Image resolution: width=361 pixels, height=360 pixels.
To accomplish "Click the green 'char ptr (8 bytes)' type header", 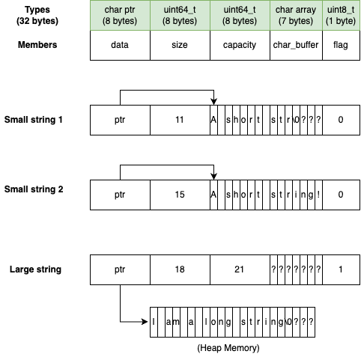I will click(x=120, y=14).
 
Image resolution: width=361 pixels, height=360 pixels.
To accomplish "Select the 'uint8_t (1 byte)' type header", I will click(x=340, y=14).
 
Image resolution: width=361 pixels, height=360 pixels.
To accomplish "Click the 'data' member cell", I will click(x=120, y=45).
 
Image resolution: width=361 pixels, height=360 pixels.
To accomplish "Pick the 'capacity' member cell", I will click(x=240, y=45).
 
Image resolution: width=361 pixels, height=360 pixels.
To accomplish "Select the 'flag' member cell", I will click(x=340, y=45).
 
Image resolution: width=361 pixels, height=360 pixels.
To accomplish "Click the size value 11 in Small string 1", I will click(x=180, y=120).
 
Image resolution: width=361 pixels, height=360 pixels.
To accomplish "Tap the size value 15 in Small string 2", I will click(x=180, y=195).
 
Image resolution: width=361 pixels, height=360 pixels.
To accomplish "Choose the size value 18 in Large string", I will click(x=180, y=269).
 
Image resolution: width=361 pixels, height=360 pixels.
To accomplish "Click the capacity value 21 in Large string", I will click(x=240, y=269).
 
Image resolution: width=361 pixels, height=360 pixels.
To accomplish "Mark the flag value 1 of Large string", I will click(x=340, y=269).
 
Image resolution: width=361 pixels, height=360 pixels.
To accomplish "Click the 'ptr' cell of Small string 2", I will click(x=120, y=195).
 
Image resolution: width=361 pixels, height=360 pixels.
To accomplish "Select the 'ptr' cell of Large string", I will click(x=120, y=269).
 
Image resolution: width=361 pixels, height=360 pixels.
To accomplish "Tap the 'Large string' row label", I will click(x=34, y=269).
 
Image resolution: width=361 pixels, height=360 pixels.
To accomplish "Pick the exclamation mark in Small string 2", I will click(x=318, y=195).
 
